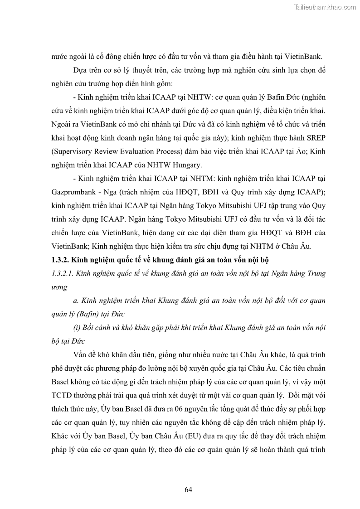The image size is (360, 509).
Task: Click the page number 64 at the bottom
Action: pos(189,490)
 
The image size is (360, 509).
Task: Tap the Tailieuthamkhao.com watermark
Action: pos(326,7)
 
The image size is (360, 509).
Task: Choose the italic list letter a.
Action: pos(75,301)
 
